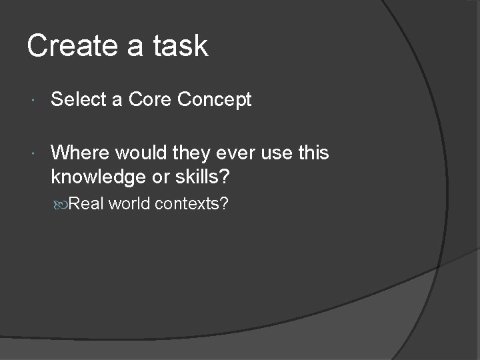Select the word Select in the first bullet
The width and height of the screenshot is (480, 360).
point(79,100)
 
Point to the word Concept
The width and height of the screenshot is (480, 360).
point(215,100)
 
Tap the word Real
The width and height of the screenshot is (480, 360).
point(86,204)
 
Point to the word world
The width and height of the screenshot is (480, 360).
point(129,204)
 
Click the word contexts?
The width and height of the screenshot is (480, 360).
point(192,204)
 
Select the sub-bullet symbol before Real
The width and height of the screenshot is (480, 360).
point(61,204)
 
